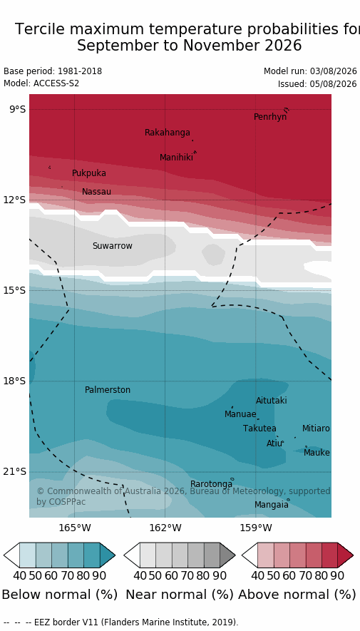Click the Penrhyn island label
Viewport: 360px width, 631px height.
tap(270, 117)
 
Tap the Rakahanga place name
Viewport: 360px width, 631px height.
tap(168, 133)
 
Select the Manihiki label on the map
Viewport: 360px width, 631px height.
tap(176, 158)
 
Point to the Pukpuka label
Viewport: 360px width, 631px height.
tap(89, 173)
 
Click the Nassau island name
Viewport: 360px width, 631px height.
tap(96, 192)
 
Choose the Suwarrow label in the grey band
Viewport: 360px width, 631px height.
tap(112, 246)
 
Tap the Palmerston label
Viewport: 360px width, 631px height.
tap(108, 390)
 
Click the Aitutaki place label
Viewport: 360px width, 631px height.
tap(272, 401)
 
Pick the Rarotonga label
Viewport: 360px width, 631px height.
tap(211, 483)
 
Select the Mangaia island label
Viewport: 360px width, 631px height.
tap(271, 505)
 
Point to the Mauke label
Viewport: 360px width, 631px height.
tap(317, 453)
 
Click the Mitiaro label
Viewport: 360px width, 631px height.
tap(316, 429)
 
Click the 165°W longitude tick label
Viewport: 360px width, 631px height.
tap(75, 528)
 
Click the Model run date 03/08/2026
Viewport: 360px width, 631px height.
tap(333, 71)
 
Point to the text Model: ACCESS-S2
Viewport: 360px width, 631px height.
tap(41, 83)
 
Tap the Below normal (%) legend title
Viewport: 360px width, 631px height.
tap(60, 595)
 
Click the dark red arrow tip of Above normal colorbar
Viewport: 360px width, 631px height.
tap(353, 555)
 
